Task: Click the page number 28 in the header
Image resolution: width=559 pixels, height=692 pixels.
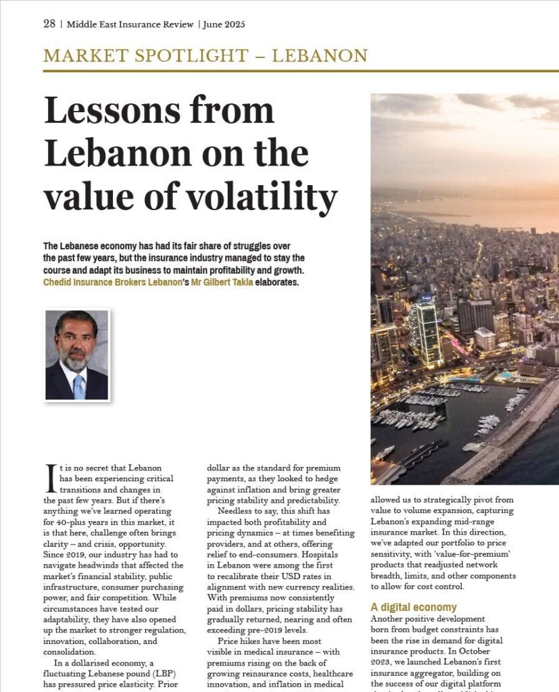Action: tap(49, 24)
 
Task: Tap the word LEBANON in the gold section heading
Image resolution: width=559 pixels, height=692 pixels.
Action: tap(320, 55)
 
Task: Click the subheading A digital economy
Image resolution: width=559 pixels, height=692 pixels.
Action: tap(414, 607)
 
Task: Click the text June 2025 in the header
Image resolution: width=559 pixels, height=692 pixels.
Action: tap(225, 24)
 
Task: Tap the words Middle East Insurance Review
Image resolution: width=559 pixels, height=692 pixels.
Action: tap(130, 24)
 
